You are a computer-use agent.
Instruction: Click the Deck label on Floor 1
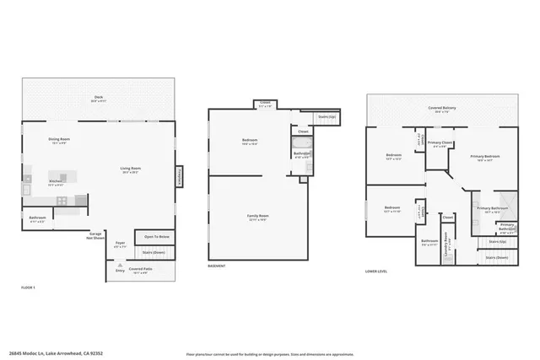(98, 99)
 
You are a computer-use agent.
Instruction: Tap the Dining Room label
(58, 142)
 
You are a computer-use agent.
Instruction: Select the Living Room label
(129, 170)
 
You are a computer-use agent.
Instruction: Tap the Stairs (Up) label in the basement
(326, 116)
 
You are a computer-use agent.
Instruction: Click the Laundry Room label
(446, 241)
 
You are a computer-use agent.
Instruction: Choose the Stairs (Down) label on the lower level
(497, 256)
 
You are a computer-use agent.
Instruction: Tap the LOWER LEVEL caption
(376, 271)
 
